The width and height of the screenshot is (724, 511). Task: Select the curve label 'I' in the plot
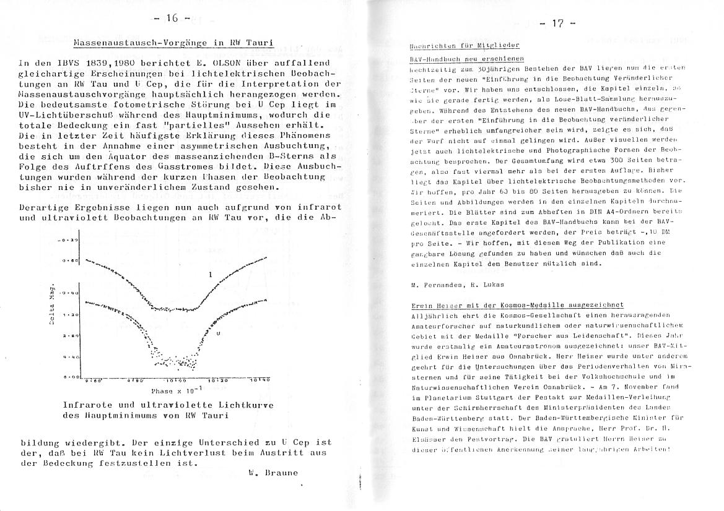tap(211, 274)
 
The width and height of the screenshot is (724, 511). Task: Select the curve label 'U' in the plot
tap(219, 333)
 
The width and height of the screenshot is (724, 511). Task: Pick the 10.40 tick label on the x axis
tap(261, 380)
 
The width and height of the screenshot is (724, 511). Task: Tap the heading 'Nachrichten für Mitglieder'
tap(464, 46)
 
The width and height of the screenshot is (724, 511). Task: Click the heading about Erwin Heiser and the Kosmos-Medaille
tap(517, 305)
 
